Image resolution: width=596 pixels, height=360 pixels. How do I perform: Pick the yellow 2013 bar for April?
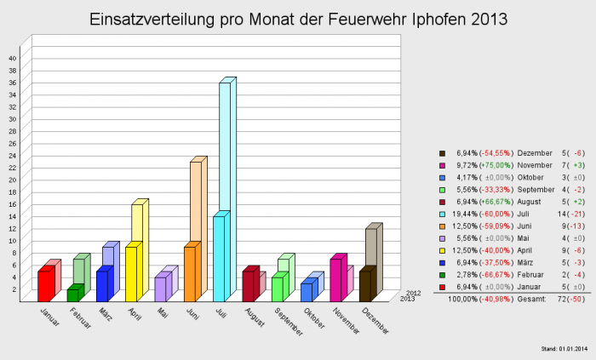tap(131, 274)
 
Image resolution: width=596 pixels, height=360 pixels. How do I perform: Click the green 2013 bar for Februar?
tap(73, 294)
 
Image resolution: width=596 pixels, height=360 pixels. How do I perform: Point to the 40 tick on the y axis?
tap(12, 58)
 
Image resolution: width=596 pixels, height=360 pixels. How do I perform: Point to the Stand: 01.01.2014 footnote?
tap(564, 349)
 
